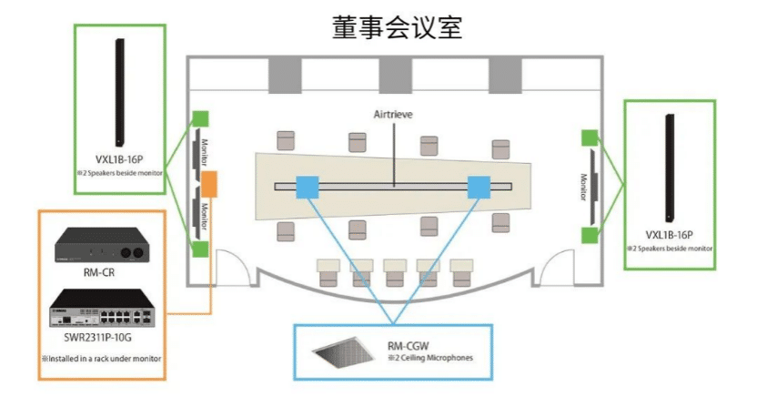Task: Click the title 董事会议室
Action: click(x=397, y=27)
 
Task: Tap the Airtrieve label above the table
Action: click(x=395, y=116)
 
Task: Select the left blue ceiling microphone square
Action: click(x=308, y=187)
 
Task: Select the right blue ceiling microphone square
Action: click(x=479, y=187)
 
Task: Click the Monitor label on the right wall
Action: click(x=582, y=187)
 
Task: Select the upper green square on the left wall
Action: click(x=200, y=118)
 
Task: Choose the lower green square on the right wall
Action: click(x=589, y=236)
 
